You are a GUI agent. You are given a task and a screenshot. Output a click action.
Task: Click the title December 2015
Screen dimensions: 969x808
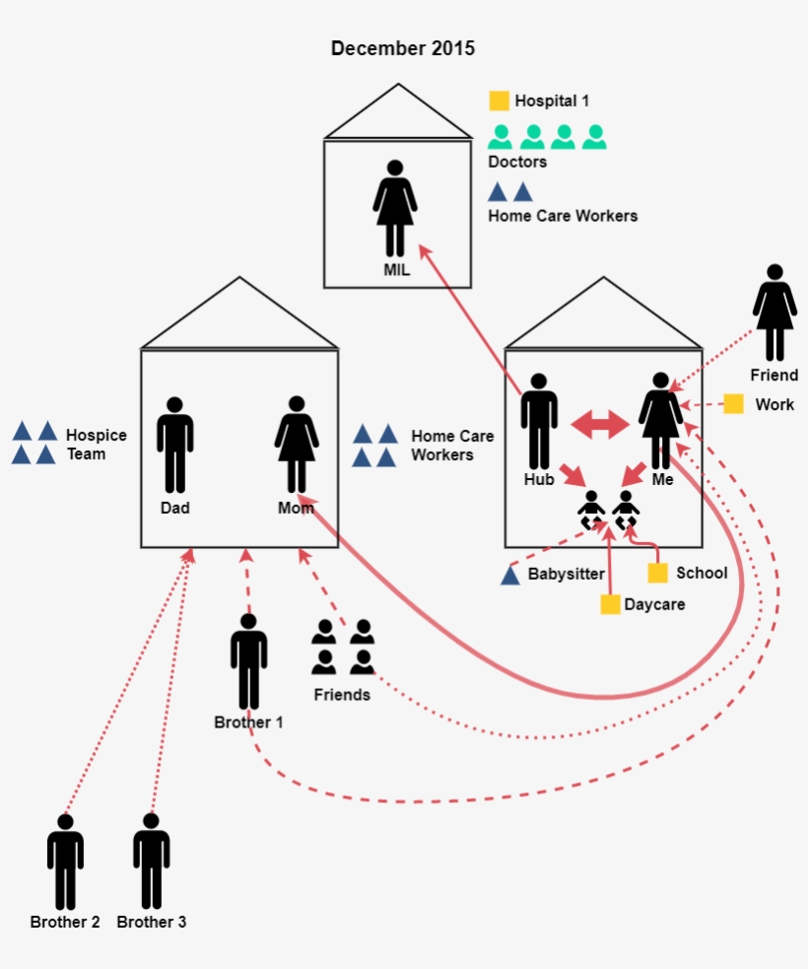402,48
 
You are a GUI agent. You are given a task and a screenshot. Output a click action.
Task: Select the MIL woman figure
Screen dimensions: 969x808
395,209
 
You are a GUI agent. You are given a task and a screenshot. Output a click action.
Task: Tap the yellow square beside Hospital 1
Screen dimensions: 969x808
500,101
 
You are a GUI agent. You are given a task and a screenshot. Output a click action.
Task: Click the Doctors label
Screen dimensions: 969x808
517,162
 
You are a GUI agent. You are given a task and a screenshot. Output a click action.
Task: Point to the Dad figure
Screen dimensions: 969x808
175,445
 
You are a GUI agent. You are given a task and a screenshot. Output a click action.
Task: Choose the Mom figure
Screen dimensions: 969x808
296,445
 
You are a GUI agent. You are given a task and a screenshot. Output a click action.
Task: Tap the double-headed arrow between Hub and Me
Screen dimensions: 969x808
600,425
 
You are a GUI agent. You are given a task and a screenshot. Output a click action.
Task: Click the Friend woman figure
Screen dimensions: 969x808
774,312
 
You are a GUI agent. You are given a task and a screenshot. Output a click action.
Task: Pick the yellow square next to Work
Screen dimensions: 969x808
733,404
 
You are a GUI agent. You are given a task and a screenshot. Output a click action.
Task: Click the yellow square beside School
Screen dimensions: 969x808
657,573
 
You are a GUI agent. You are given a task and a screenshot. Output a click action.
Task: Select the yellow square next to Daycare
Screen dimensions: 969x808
610,604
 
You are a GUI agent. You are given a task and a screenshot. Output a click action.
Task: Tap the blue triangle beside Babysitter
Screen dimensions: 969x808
509,575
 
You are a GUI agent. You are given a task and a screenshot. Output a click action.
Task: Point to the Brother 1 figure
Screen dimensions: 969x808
248,661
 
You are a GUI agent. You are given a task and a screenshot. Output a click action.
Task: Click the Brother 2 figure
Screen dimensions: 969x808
65,862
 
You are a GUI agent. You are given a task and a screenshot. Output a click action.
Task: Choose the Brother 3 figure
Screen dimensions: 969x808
151,862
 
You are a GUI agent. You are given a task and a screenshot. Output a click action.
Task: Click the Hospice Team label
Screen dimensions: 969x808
86,445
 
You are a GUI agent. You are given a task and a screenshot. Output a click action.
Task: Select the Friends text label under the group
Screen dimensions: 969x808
342,695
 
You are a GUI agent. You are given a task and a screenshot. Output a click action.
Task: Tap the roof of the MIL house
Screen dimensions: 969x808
398,114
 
